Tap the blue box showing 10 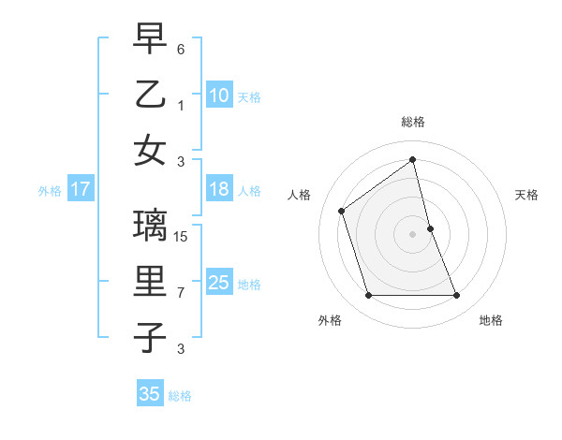(218, 95)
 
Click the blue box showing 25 (218, 283)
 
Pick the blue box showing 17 (81, 190)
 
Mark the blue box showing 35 (150, 394)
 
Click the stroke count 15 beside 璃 (183, 238)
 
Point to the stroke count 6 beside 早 (181, 49)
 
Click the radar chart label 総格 (412, 122)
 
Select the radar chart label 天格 (526, 195)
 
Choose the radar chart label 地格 (491, 320)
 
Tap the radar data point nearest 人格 (342, 211)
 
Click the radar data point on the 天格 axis (430, 228)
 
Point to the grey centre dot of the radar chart (412, 234)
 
